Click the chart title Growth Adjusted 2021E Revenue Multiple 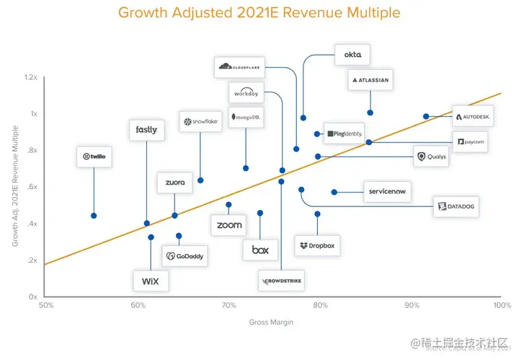tap(259, 13)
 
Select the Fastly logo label tap(146, 130)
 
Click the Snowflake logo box tap(200, 122)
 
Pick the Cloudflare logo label tap(240, 66)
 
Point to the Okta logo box tap(352, 55)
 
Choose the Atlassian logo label tap(371, 80)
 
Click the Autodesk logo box tap(473, 116)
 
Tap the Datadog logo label tap(456, 208)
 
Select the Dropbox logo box tap(317, 246)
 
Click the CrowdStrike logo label tap(282, 280)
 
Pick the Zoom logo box tap(229, 225)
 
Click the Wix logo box tap(151, 280)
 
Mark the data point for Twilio tap(94, 216)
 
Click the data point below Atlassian tap(371, 113)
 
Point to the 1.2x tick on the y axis tap(30, 77)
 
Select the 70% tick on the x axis tap(229, 306)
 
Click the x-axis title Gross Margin tap(271, 322)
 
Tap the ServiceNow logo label tap(388, 192)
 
